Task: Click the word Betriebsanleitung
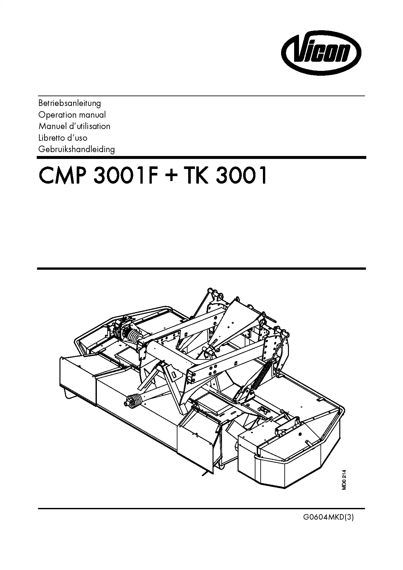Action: [x=70, y=103]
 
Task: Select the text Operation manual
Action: [x=72, y=115]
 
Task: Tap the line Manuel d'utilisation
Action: [x=74, y=126]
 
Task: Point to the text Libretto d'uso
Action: [x=63, y=138]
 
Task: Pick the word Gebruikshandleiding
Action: [x=76, y=149]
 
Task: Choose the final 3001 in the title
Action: [x=241, y=176]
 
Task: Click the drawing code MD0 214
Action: [x=344, y=480]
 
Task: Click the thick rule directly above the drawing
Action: [x=201, y=269]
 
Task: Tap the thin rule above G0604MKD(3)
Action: [x=201, y=509]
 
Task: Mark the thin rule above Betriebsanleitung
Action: [x=201, y=96]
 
